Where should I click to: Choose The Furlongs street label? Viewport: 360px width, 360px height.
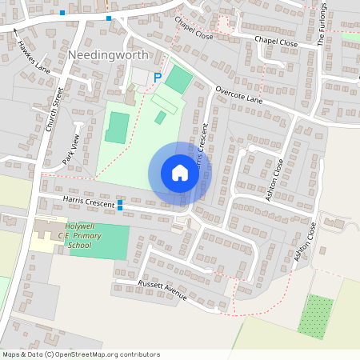tap(323, 25)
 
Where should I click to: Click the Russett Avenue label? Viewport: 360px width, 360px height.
tap(163, 291)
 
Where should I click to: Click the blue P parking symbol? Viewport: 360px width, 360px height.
tap(158, 77)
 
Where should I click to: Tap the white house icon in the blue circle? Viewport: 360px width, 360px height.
tap(180, 173)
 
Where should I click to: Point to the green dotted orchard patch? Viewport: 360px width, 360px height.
tap(316, 316)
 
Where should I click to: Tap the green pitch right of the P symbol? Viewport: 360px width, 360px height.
tap(179, 79)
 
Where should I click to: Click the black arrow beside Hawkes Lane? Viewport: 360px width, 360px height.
tap(16, 30)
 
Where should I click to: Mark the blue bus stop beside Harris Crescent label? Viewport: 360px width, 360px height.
tap(120, 205)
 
